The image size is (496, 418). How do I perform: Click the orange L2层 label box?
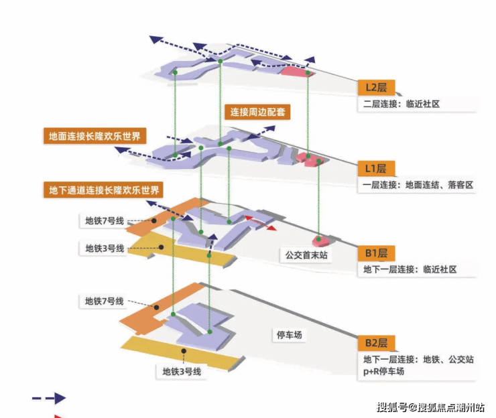click(x=376, y=88)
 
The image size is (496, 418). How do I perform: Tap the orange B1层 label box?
click(x=376, y=254)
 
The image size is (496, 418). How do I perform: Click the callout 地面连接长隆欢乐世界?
click(x=94, y=136)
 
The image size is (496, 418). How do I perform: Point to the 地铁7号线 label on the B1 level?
click(x=105, y=220)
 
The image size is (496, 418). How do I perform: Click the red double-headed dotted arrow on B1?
click(x=260, y=223)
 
